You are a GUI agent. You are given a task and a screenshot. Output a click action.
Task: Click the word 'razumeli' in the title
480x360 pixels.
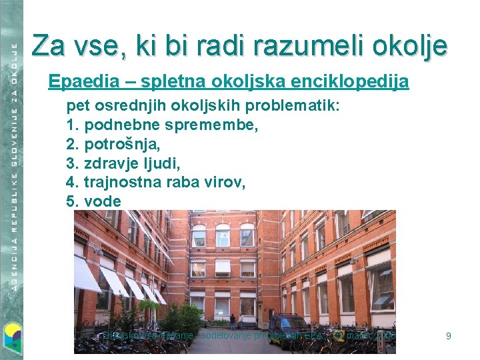tap(301, 45)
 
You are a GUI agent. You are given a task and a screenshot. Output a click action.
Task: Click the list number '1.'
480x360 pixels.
tap(73, 124)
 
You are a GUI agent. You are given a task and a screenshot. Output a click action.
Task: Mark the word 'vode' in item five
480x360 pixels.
tap(103, 201)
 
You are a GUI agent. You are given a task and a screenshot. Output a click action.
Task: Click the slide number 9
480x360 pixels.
tap(449, 336)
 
